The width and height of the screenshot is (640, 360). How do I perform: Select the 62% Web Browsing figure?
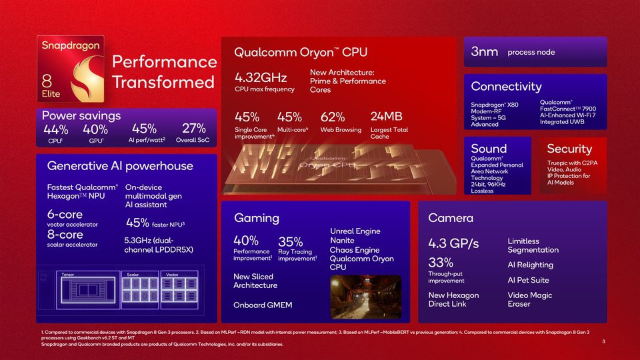[x=332, y=117]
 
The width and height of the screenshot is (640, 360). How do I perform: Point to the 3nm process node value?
[x=485, y=52]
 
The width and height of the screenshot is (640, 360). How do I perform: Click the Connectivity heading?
[x=506, y=87]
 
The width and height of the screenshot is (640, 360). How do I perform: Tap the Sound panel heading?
[x=489, y=149]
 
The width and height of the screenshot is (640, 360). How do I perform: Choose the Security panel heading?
[x=569, y=149]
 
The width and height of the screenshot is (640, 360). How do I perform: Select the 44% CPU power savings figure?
[x=55, y=129]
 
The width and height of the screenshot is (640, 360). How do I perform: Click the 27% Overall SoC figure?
[x=193, y=129]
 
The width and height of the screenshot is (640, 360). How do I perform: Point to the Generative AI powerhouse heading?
[x=120, y=166]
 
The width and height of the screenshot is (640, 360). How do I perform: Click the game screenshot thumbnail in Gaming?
[x=366, y=297]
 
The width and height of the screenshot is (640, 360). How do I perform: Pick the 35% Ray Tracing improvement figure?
[x=290, y=241]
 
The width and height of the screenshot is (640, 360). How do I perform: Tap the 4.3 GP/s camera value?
[x=453, y=243]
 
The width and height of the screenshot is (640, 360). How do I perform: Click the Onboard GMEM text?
[x=263, y=305]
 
